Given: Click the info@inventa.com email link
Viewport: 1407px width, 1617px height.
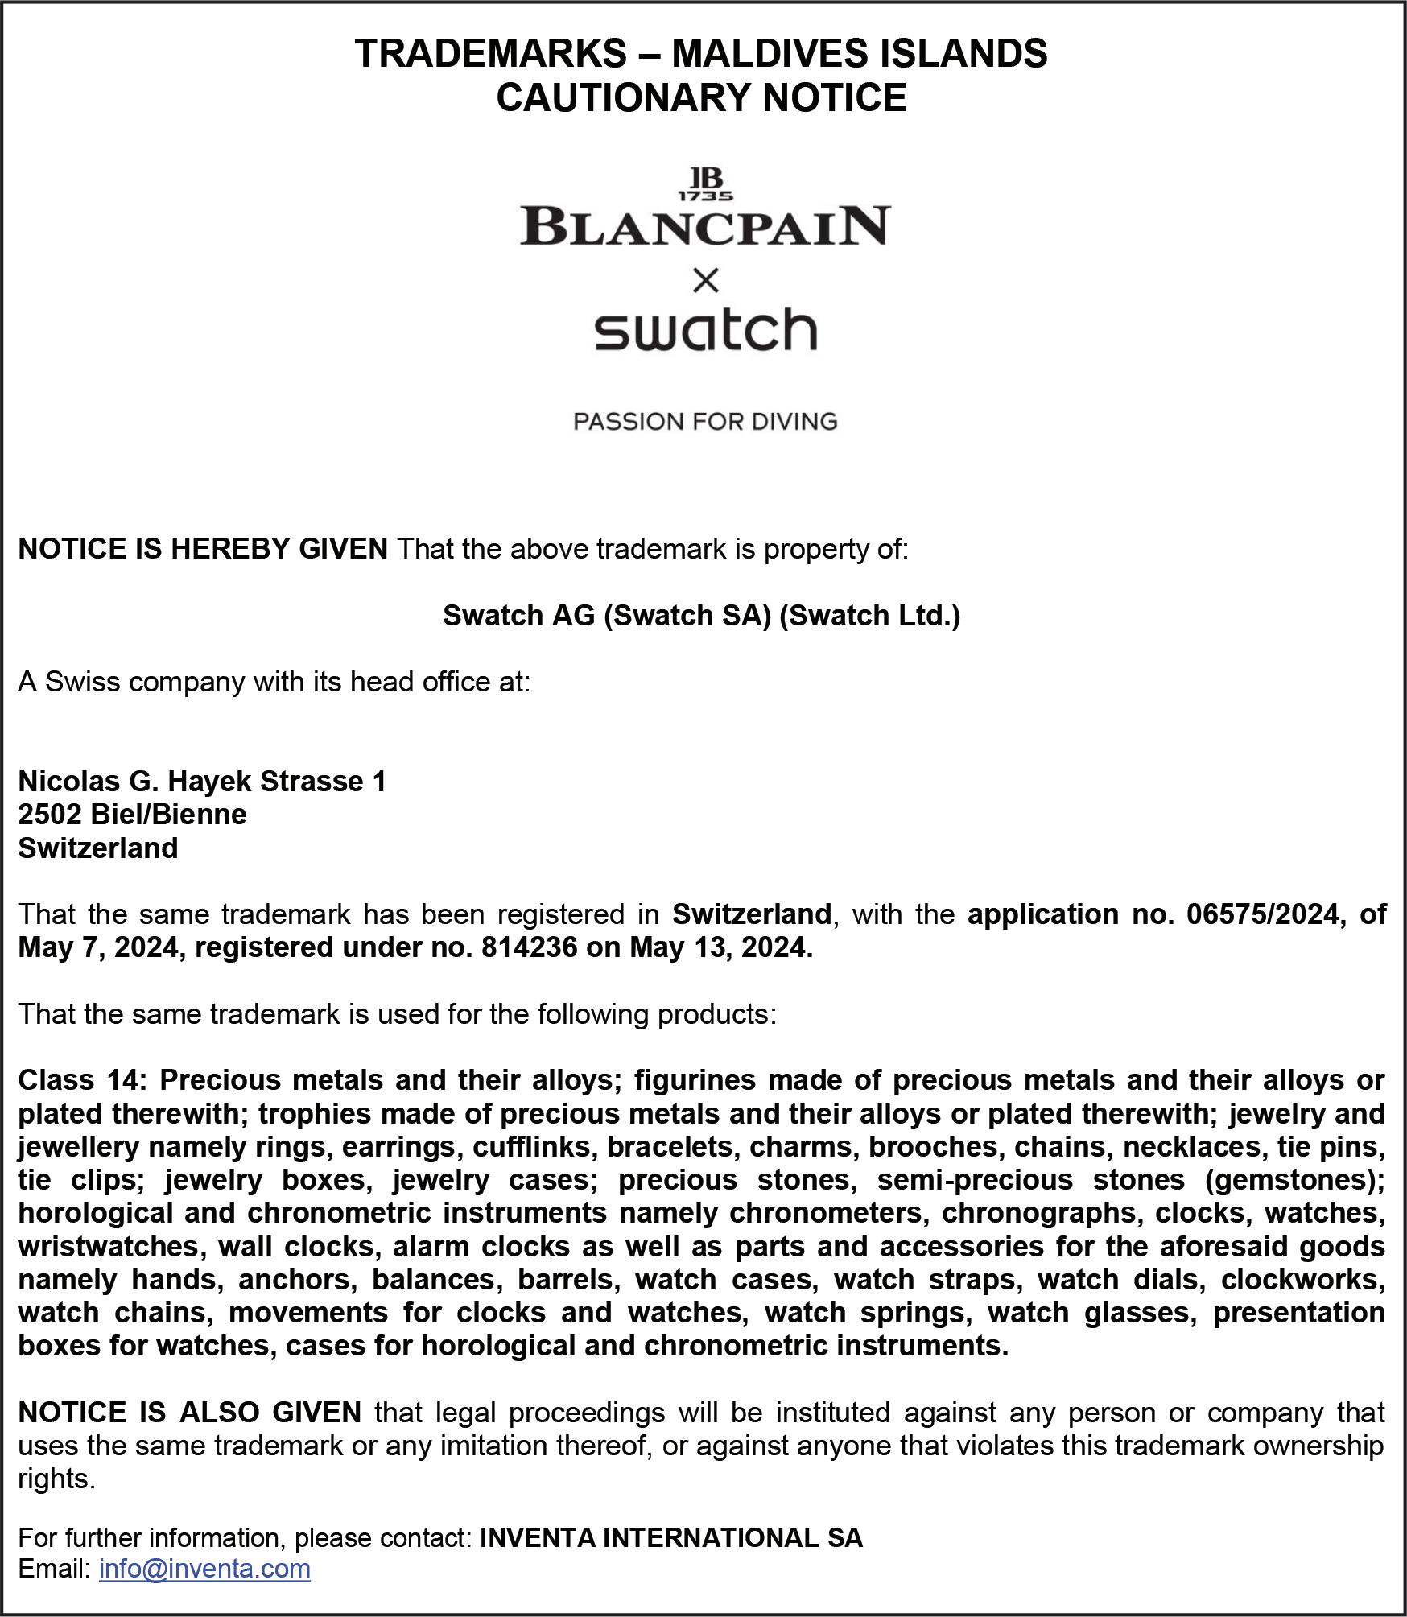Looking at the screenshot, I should pos(204,1568).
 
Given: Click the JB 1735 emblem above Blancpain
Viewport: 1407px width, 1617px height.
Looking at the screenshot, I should pos(705,184).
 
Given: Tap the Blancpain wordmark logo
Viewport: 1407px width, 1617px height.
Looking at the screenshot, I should pos(705,226).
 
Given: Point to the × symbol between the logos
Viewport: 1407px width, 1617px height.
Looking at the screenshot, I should pos(705,281).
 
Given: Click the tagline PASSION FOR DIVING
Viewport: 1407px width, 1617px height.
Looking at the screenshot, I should pos(705,421).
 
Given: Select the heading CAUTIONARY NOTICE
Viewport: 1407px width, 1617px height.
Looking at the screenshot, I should pos(701,97).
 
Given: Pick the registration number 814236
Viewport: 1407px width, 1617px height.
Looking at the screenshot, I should pos(529,947).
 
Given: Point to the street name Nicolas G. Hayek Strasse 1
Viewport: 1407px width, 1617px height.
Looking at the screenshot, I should pos(202,781).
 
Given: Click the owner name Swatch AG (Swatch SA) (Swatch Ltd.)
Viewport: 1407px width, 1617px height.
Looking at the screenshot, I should pos(701,615).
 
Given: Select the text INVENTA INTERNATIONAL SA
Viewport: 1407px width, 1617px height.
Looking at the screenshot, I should pos(670,1537).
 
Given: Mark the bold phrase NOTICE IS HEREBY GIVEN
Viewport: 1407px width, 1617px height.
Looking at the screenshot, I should pos(203,549).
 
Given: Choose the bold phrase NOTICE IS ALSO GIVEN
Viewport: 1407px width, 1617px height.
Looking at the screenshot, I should pos(190,1412).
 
